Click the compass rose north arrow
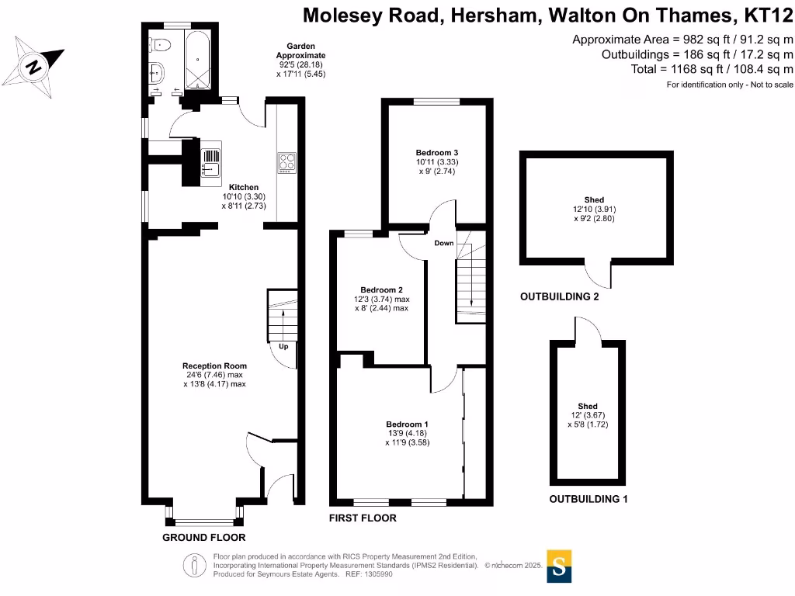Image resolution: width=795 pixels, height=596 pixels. pyautogui.click(x=35, y=65)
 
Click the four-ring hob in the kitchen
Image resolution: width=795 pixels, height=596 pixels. pyautogui.click(x=286, y=161)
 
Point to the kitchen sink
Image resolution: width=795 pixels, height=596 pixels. pyautogui.click(x=211, y=161)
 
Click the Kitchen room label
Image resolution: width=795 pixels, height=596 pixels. pyautogui.click(x=244, y=187)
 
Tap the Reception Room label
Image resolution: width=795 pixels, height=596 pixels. pyautogui.click(x=214, y=366)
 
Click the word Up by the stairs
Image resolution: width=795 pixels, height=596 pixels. pyautogui.click(x=283, y=346)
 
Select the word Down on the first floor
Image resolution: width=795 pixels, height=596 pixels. pyautogui.click(x=444, y=243)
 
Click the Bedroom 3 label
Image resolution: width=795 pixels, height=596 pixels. pyautogui.click(x=436, y=152)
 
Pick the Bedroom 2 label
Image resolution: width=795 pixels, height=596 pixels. pyautogui.click(x=380, y=289)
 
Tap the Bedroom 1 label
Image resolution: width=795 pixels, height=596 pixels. pyautogui.click(x=407, y=424)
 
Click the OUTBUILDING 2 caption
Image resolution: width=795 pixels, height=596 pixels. pyautogui.click(x=559, y=296)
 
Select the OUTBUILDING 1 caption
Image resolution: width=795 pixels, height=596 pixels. pyautogui.click(x=588, y=499)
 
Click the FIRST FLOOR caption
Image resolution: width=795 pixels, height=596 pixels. pyautogui.click(x=363, y=518)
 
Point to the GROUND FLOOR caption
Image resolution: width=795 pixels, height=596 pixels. pyautogui.click(x=203, y=537)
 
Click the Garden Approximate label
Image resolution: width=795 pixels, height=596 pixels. pyautogui.click(x=301, y=51)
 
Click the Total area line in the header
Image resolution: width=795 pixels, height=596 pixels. pyautogui.click(x=712, y=69)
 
